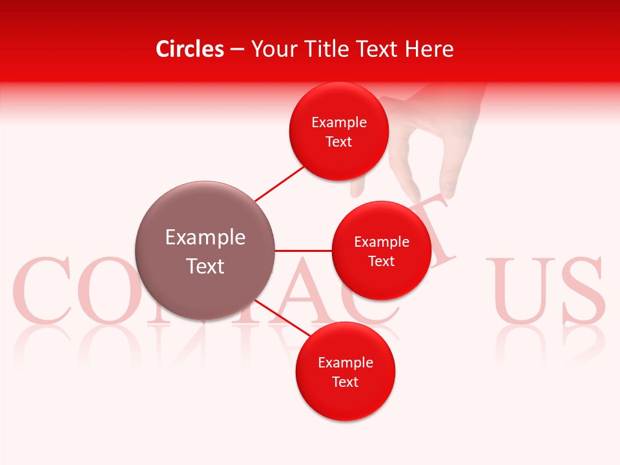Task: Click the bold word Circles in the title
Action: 189,49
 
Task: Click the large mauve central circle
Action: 205,251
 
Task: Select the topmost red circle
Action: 338,131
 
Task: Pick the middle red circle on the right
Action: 381,251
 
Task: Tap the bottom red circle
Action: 345,371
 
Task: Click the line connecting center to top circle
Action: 279,183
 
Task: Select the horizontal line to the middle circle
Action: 304,251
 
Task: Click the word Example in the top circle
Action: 338,123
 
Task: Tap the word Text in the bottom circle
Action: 345,382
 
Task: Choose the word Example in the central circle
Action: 205,238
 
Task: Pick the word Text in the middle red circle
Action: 381,261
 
